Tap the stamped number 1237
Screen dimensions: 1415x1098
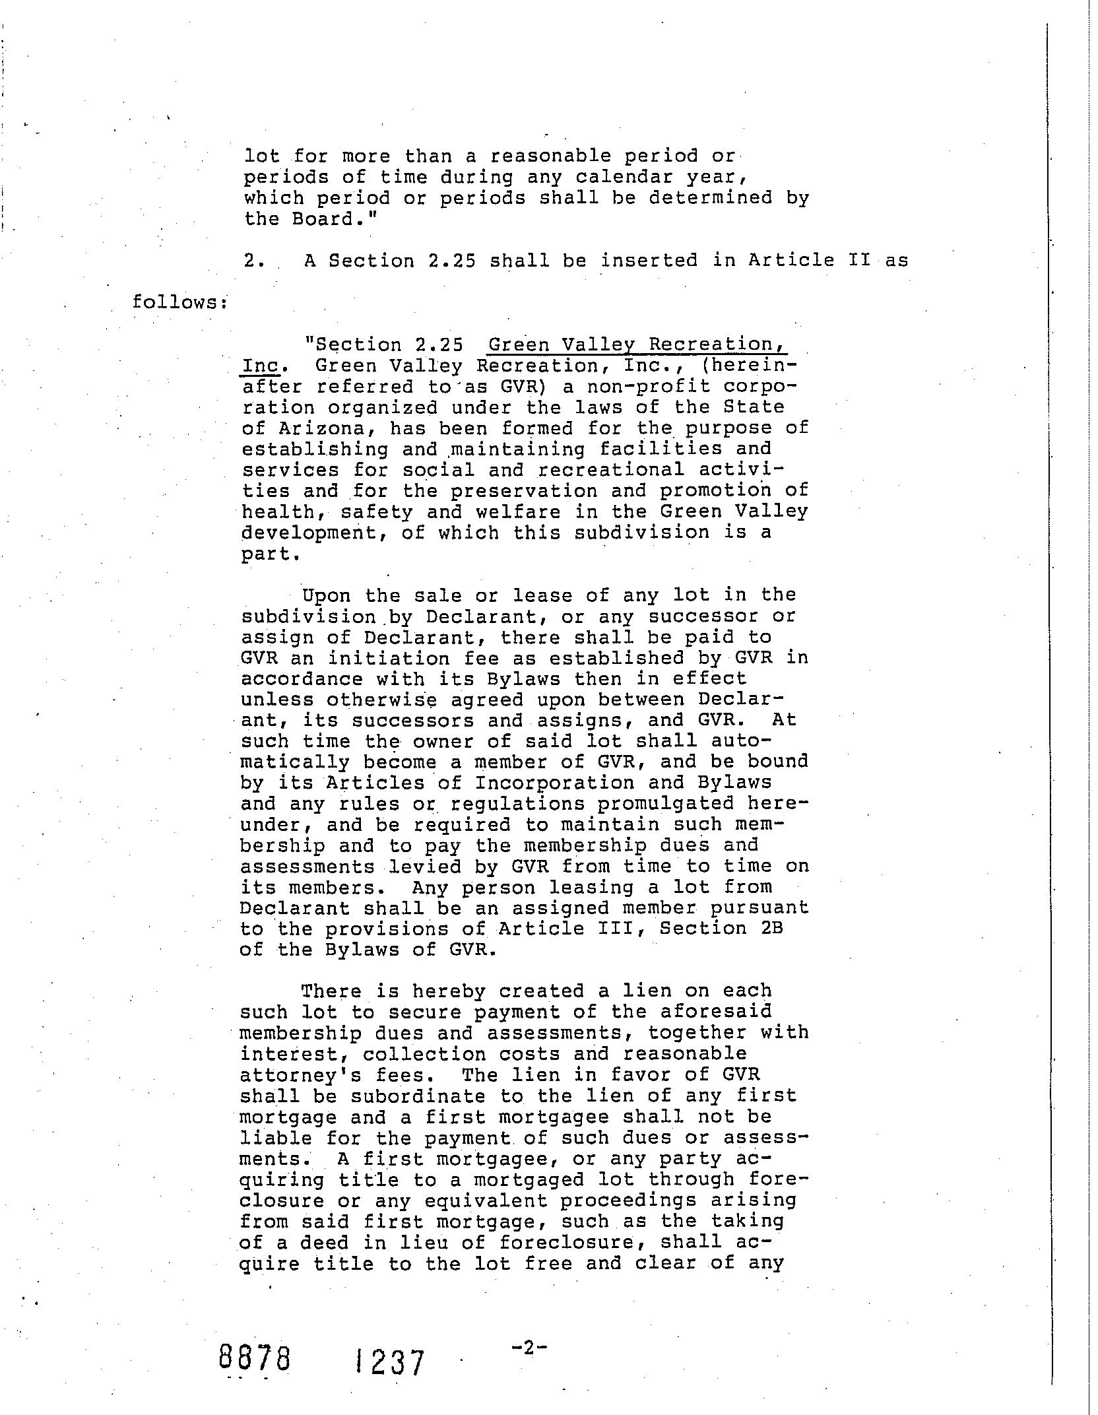click(389, 1362)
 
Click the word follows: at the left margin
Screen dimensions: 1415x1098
click(179, 302)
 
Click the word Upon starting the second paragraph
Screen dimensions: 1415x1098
click(327, 595)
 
